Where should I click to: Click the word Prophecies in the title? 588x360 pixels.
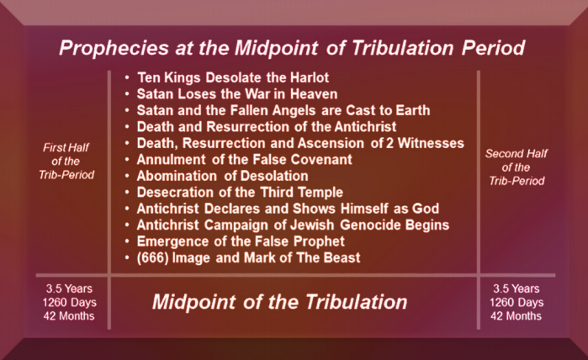coord(114,49)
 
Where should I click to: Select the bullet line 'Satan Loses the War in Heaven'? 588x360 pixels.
coord(237,94)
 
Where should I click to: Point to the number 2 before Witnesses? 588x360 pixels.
coord(389,143)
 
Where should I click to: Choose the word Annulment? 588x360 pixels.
coord(171,159)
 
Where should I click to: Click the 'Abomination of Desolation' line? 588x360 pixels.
coord(222,176)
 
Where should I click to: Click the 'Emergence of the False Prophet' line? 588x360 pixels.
coord(241,241)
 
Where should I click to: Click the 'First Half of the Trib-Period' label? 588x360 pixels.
coord(66,161)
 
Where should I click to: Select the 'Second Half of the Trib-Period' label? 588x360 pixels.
coord(516,167)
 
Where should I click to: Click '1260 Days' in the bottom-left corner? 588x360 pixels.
coord(69,302)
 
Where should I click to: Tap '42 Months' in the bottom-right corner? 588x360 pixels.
coord(516,316)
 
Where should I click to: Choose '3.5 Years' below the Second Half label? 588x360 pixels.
coord(516,289)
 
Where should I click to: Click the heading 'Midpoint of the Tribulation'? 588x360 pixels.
coord(280,302)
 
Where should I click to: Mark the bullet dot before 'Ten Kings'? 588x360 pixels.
coord(127,78)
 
